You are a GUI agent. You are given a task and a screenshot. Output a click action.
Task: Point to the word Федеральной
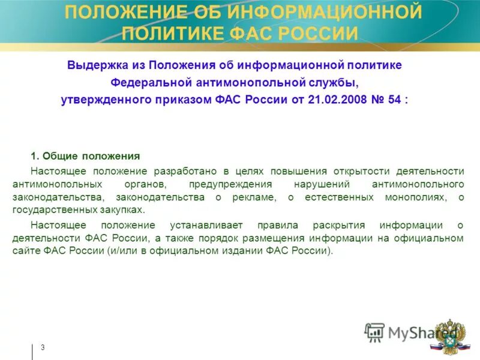[151, 82]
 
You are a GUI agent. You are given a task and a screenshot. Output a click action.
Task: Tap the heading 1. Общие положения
[85, 156]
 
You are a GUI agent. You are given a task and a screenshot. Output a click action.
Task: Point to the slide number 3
[43, 347]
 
